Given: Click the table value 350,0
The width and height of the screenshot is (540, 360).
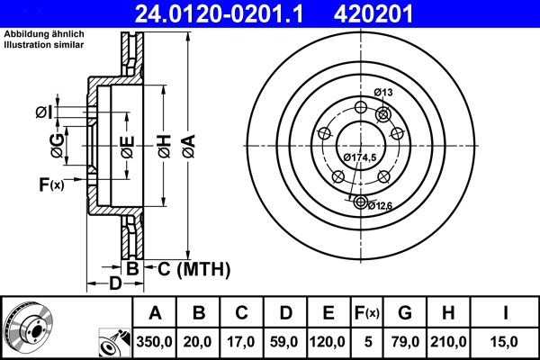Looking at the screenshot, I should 155,341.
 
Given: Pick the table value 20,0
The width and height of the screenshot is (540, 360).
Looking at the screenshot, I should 200,341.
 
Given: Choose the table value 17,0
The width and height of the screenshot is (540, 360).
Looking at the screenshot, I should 242,341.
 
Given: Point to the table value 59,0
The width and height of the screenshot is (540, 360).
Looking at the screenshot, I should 285,341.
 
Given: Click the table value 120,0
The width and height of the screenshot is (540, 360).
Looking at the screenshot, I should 328,341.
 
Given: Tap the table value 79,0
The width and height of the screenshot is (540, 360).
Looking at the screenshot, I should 404,341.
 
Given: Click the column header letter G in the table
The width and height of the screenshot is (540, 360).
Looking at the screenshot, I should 404,313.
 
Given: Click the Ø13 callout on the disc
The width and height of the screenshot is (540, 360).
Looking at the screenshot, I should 384,93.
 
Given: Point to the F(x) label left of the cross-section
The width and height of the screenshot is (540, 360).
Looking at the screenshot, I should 50,185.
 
